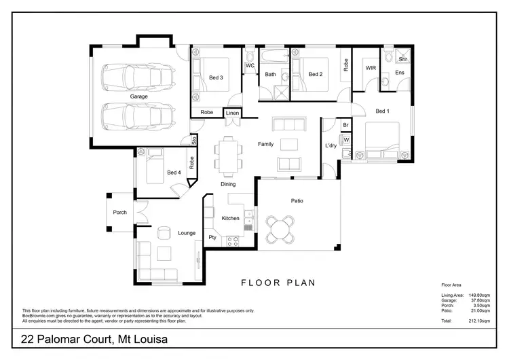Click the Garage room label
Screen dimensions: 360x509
[x=139, y=96]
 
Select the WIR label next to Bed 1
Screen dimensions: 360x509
[x=371, y=69]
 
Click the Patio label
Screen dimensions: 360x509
[x=297, y=200]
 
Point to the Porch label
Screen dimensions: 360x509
[x=119, y=213]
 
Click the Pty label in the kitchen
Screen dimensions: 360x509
[x=212, y=238]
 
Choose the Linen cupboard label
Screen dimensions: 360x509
[x=233, y=113]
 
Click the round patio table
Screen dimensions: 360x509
[x=282, y=228]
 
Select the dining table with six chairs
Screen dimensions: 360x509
[x=228, y=155]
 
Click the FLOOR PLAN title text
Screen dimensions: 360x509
[x=278, y=283]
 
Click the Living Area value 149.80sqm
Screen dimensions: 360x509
[x=483, y=295]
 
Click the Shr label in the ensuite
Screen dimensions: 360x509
[x=402, y=60]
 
